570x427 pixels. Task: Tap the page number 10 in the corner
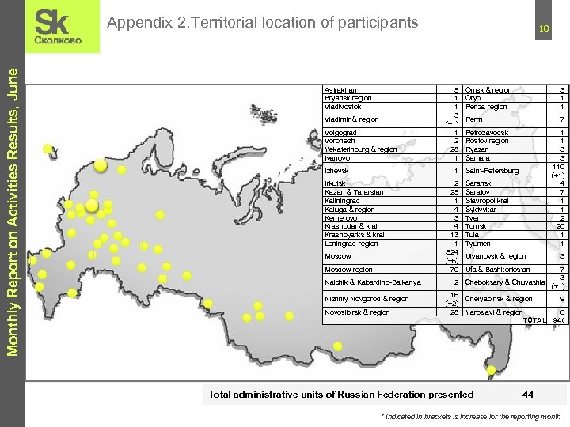[x=544, y=29]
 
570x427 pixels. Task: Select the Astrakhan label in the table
[x=340, y=89]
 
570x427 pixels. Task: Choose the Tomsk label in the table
[x=476, y=225]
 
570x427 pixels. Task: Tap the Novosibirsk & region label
[x=357, y=312]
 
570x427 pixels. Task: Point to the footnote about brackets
[x=470, y=415]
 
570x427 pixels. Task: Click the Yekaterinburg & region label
[x=360, y=149]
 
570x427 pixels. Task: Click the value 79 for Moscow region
[x=454, y=270]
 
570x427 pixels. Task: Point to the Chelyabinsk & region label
[x=499, y=299]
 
